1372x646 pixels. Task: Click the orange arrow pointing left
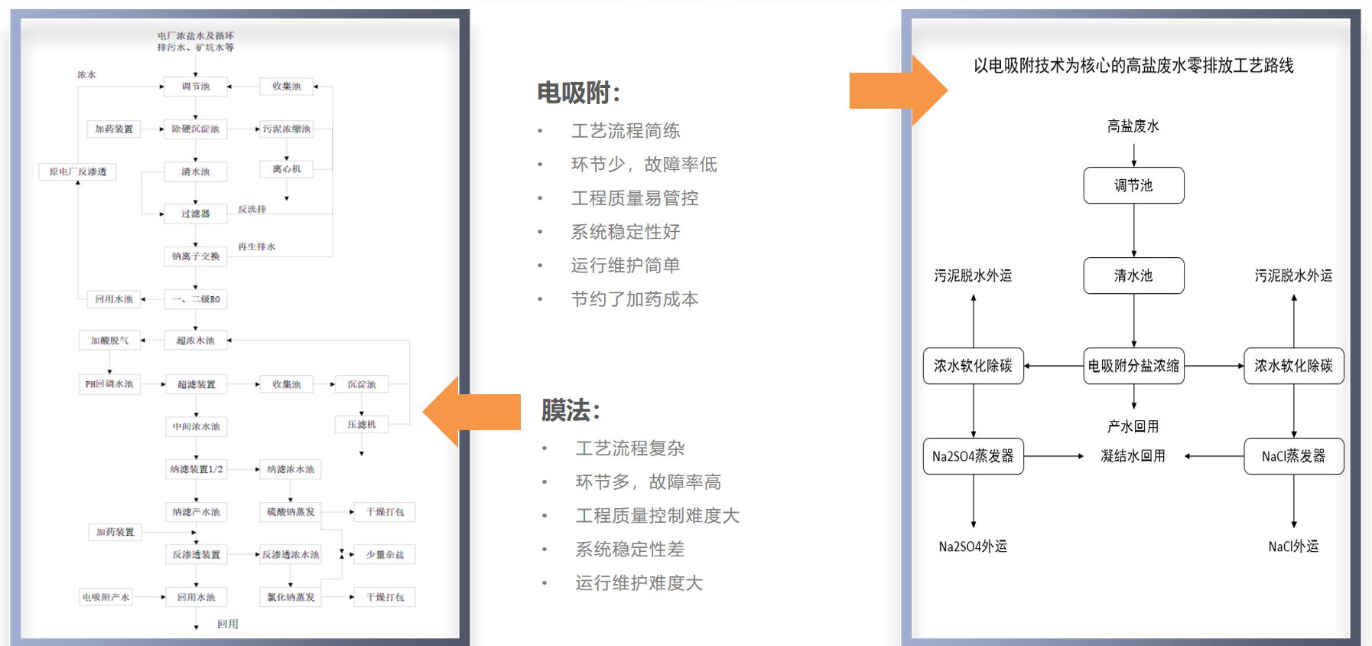[x=474, y=412]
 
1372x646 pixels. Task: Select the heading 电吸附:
[x=578, y=93]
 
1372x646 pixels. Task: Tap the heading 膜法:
[x=571, y=410]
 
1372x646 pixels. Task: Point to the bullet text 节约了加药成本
[x=634, y=299]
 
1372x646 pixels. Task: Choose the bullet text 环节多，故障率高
[x=648, y=482]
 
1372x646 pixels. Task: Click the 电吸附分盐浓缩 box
[x=1133, y=366]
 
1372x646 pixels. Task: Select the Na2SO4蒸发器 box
[x=973, y=456]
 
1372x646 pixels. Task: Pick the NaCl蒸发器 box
[x=1293, y=456]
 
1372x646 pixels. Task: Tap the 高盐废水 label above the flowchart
[x=1133, y=126]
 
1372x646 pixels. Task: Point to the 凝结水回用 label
[x=1133, y=456]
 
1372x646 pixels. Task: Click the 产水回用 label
[x=1133, y=426]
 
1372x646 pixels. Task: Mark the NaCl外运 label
[x=1293, y=546]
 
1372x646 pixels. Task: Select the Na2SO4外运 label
[x=973, y=546]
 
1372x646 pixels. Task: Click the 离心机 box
[x=287, y=169]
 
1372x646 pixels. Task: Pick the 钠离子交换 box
[x=196, y=256]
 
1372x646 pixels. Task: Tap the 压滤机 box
[x=362, y=424]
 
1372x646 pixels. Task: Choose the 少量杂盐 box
[x=385, y=554]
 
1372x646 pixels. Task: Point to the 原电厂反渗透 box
[x=78, y=171]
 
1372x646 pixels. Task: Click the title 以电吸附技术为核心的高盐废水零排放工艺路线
[x=1133, y=66]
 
